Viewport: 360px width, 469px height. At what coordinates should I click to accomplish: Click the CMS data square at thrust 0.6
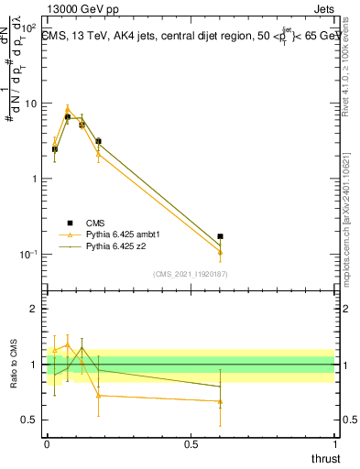coord(220,236)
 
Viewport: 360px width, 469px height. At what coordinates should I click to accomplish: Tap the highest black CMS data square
coord(68,116)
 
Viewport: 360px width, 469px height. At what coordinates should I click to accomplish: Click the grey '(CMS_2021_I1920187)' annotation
coord(190,273)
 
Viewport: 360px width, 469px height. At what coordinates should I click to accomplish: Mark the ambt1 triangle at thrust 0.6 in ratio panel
coord(220,401)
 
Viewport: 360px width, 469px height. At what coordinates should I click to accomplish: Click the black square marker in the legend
coord(69,222)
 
